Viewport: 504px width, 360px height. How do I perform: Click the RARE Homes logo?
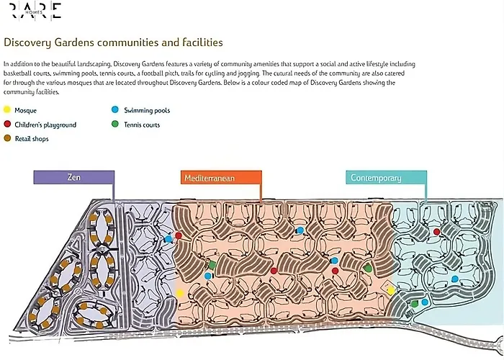click(x=35, y=12)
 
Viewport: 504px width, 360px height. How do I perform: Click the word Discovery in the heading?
click(x=27, y=42)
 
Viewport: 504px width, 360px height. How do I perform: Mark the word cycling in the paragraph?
click(x=215, y=73)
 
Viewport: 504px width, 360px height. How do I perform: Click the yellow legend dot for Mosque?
click(x=7, y=110)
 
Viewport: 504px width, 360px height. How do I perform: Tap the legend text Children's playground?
click(x=45, y=125)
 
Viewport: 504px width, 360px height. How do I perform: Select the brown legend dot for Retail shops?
click(x=7, y=138)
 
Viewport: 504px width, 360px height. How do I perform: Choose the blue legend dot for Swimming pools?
click(x=115, y=109)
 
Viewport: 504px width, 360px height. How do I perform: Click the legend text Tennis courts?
click(x=142, y=125)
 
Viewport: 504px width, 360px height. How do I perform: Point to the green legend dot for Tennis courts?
click(x=115, y=124)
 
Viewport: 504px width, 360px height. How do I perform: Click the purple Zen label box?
click(x=74, y=177)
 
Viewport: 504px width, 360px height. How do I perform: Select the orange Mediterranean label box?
click(x=221, y=178)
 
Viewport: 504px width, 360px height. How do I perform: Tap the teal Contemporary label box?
click(x=387, y=178)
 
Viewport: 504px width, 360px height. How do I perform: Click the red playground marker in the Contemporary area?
click(x=436, y=232)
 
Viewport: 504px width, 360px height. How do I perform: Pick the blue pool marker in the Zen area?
click(x=168, y=239)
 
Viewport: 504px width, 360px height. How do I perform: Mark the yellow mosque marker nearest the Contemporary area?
click(x=390, y=291)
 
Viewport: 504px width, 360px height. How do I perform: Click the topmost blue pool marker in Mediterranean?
click(x=300, y=230)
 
